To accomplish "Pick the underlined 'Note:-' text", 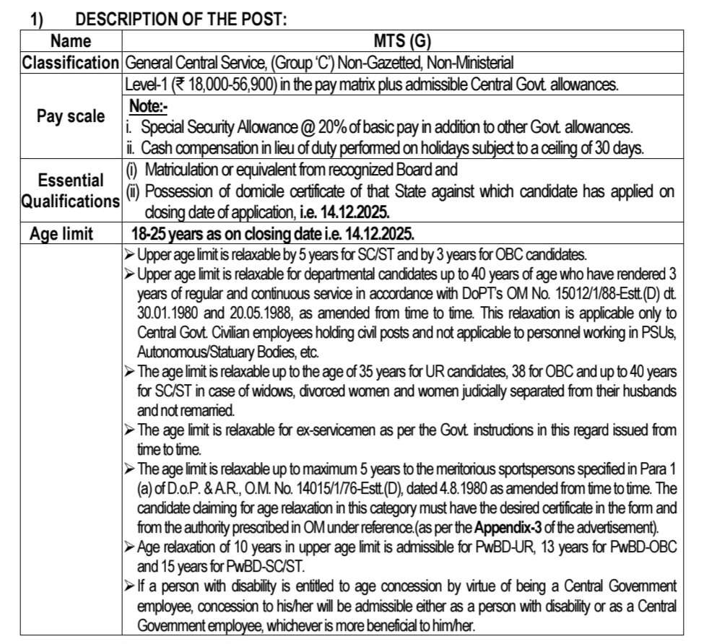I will pyautogui.click(x=148, y=105).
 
